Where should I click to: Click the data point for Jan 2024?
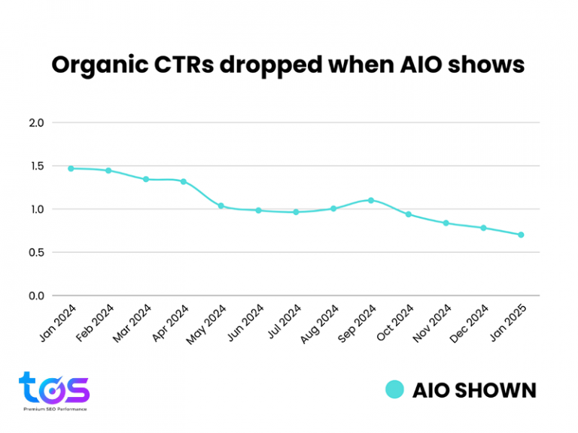click(71, 168)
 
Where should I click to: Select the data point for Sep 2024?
click(371, 200)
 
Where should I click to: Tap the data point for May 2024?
click(221, 206)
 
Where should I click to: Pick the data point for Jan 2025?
click(521, 235)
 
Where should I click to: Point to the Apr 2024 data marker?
click(184, 181)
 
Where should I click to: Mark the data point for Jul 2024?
click(296, 212)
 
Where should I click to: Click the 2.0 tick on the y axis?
click(36, 123)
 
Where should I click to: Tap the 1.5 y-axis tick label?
click(37, 166)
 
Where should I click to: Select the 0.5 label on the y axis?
click(36, 253)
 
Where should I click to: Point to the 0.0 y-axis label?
click(36, 296)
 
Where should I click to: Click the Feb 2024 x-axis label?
click(95, 323)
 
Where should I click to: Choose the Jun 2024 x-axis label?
click(245, 323)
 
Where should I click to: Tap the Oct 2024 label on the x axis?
click(395, 323)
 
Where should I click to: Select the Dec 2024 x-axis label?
click(469, 324)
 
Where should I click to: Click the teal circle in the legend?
click(395, 389)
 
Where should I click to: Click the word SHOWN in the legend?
click(495, 391)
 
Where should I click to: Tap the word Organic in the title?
click(100, 65)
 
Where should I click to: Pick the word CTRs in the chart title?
click(184, 65)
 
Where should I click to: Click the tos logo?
click(54, 387)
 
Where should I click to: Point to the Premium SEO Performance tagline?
click(55, 409)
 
